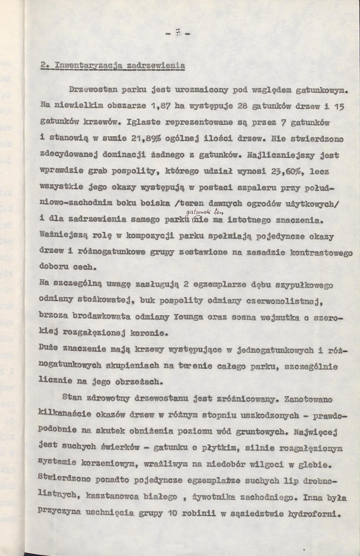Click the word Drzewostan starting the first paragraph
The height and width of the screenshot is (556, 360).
(x=90, y=88)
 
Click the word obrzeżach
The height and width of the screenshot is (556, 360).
(x=140, y=382)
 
